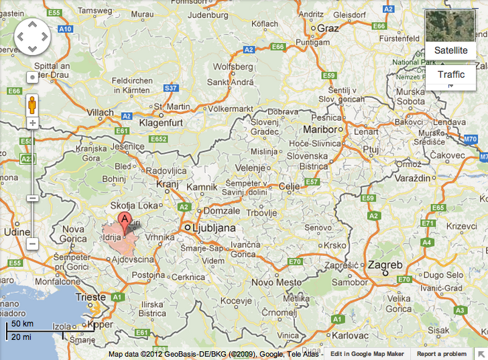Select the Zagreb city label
[385, 265]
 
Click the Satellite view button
[450, 50]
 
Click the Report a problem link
[441, 353]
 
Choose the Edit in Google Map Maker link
[367, 353]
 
